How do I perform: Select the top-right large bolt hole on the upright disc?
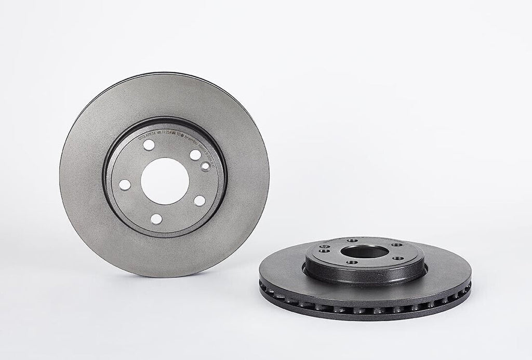click(x=194, y=154)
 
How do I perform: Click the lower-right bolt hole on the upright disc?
click(x=198, y=199)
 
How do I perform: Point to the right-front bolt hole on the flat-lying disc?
click(x=400, y=258)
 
